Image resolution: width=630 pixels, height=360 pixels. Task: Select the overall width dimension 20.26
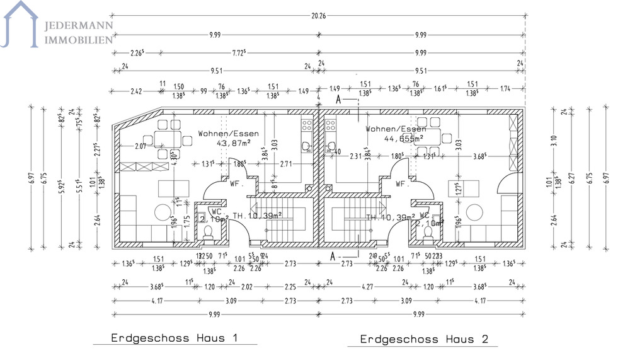318,16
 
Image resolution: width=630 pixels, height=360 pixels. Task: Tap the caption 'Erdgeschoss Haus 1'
175,338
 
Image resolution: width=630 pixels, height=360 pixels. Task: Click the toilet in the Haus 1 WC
209,233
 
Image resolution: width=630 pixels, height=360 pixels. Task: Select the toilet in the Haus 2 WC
428,233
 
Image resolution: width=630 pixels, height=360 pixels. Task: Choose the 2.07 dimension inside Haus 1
140,146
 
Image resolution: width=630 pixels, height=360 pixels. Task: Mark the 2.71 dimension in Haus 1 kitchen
285,164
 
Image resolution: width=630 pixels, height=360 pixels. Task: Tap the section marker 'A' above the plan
338,99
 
